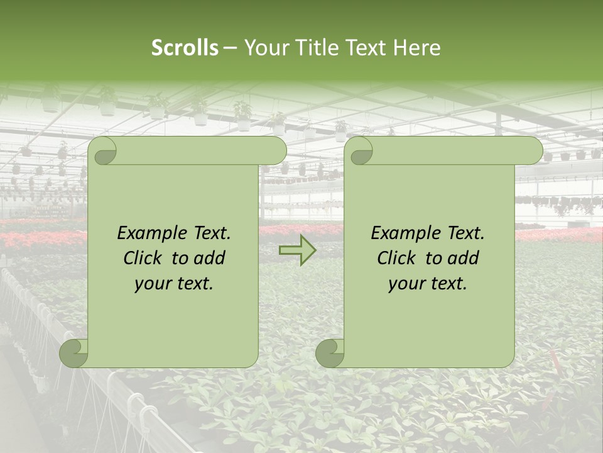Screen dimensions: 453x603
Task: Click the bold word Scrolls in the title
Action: [185, 48]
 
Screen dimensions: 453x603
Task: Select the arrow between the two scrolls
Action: [298, 250]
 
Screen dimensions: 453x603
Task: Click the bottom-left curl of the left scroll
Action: [74, 352]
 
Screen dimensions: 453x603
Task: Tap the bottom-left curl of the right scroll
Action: [330, 352]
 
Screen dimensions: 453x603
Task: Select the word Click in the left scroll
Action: [144, 258]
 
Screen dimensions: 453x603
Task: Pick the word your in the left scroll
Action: [152, 284]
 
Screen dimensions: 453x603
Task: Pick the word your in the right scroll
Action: [406, 284]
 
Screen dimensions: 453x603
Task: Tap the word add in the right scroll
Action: [463, 258]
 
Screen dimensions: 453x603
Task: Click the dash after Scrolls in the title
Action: [230, 48]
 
